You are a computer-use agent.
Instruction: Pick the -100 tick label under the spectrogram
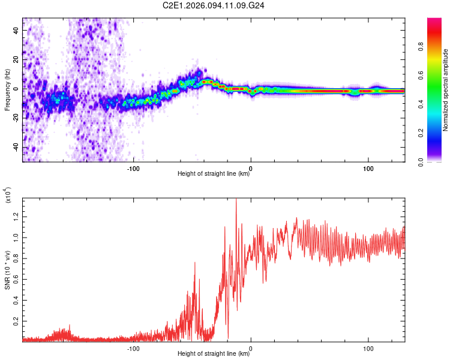coord(133,167)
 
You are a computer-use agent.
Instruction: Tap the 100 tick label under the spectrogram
coord(368,167)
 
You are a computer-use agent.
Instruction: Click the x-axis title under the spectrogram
coord(214,175)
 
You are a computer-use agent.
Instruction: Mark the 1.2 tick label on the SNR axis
coord(16,215)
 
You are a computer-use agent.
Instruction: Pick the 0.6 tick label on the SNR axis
coord(16,279)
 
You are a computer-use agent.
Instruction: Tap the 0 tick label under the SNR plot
coord(251,347)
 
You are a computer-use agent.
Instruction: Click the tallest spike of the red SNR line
coord(236,200)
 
